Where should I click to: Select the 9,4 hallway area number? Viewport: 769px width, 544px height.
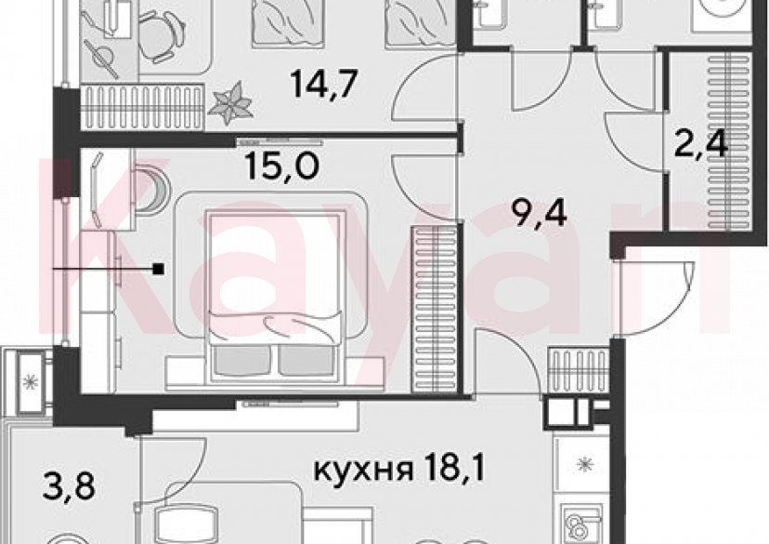[540, 219]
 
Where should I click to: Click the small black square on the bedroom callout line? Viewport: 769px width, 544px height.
[160, 270]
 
